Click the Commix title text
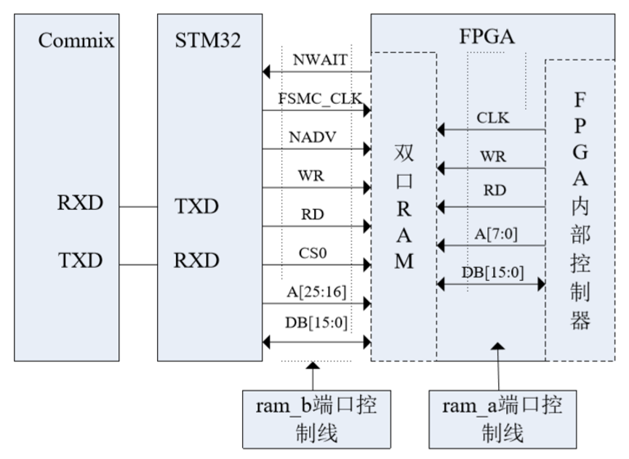tap(76, 40)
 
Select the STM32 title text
tap(208, 40)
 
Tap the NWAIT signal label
tap(318, 60)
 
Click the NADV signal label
tap(314, 137)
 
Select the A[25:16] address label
tap(317, 291)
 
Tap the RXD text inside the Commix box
tap(80, 203)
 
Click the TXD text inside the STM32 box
tap(196, 206)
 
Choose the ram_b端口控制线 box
tap(316, 418)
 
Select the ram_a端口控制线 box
tap(502, 418)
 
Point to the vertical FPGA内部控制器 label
tap(580, 211)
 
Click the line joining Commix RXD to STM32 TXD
tap(138, 207)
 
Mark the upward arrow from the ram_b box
tap(313, 376)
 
